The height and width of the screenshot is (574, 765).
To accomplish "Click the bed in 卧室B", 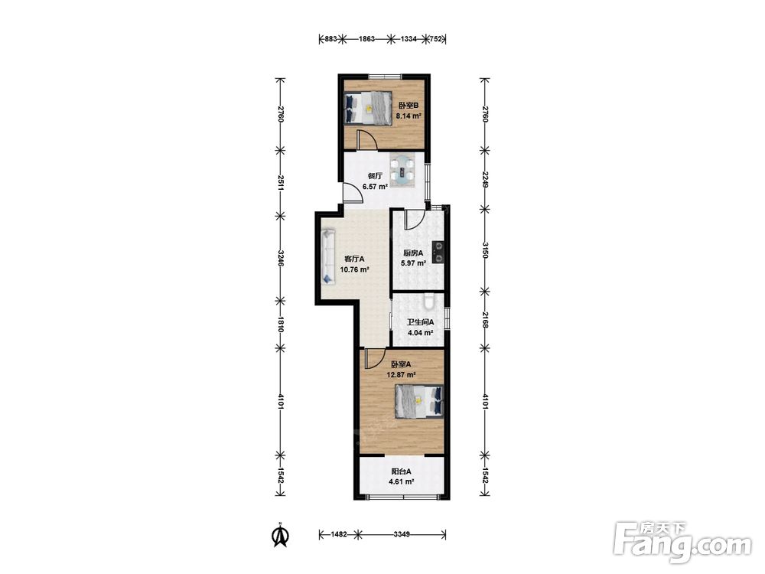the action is (369, 108).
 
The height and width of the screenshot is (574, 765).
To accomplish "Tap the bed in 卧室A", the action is (419, 402).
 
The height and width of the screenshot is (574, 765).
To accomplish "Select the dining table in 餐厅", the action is (402, 170).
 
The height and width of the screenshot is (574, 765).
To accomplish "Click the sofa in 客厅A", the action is (328, 257).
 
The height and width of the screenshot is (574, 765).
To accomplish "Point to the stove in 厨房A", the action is (438, 252).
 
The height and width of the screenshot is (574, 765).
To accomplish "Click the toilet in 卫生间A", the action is (429, 302).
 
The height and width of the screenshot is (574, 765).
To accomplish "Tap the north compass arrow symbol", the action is (280, 536).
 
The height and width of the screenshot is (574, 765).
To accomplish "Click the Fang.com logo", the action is (682, 543).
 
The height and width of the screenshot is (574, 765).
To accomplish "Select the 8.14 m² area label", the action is (409, 116).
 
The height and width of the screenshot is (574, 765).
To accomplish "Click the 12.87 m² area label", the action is (401, 375).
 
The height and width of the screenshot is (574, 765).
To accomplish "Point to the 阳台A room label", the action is (401, 471).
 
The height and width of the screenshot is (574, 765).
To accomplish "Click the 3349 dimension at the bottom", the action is (402, 534).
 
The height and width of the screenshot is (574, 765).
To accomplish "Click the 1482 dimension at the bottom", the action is (339, 534).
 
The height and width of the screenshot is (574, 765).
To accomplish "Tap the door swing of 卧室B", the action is (366, 140).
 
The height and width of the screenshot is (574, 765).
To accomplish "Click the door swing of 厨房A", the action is (413, 219).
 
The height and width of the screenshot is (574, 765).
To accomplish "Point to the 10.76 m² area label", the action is (354, 269).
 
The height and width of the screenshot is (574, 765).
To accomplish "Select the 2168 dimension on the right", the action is (484, 320).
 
